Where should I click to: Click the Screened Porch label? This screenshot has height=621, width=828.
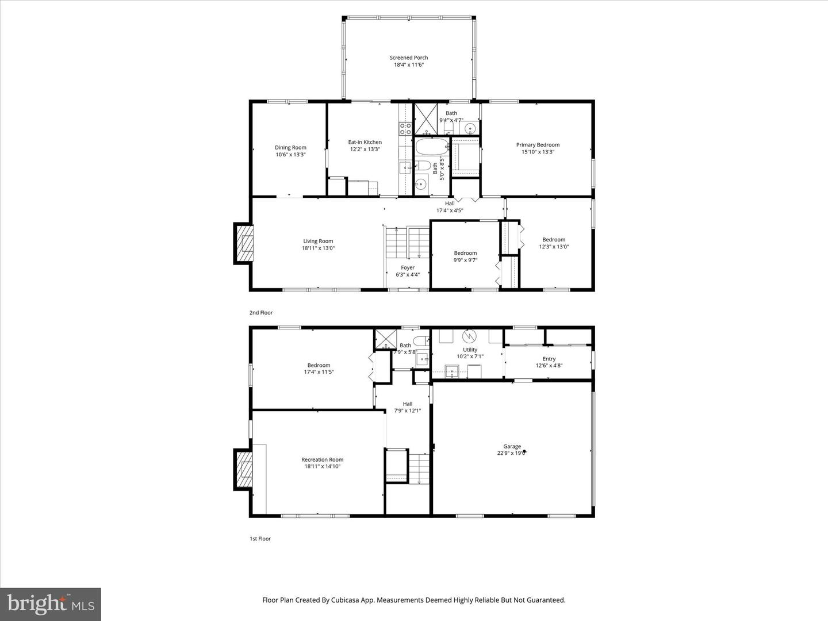(x=408, y=57)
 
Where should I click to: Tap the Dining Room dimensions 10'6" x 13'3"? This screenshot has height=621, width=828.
(x=290, y=155)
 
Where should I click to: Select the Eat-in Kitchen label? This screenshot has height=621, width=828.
(x=365, y=142)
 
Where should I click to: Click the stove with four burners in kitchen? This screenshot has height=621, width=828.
(x=405, y=128)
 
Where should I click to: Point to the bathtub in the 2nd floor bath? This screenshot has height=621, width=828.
(x=430, y=147)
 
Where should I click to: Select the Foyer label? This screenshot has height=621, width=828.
(x=408, y=267)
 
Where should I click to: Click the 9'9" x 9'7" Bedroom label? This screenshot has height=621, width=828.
(x=465, y=253)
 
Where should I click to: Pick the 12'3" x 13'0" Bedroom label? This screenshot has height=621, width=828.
(x=554, y=240)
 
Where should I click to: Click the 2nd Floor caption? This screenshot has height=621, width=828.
(x=261, y=313)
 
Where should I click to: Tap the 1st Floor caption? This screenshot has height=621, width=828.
(x=260, y=539)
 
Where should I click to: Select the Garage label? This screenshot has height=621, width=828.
(x=512, y=446)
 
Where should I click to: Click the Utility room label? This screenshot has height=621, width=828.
(x=470, y=350)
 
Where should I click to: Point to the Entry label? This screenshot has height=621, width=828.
(x=549, y=359)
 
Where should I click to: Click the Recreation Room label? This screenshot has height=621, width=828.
(x=322, y=459)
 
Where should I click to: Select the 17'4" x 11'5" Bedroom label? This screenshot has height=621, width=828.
(x=319, y=365)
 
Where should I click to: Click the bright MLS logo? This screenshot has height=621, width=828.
(x=51, y=604)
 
